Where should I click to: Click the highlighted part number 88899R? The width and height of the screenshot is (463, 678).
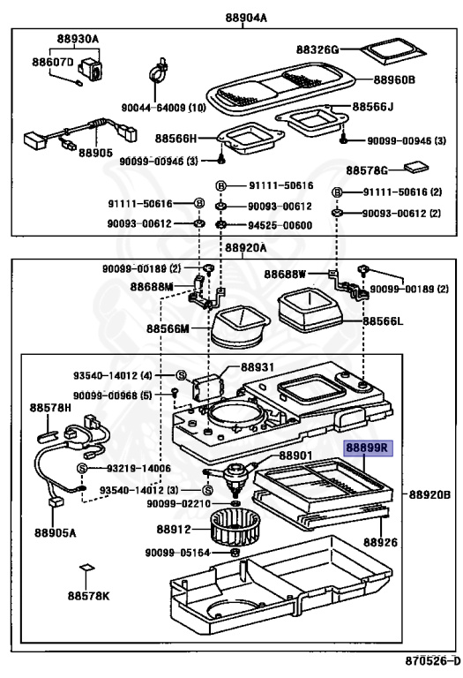(x=365, y=450)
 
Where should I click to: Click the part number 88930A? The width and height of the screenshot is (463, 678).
(x=78, y=40)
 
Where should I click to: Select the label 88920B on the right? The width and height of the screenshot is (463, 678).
(x=430, y=494)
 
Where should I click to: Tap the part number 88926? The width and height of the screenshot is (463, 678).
(x=382, y=539)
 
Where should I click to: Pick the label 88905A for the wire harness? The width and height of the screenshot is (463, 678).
(x=56, y=533)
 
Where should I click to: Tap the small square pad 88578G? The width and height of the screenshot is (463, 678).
(x=414, y=167)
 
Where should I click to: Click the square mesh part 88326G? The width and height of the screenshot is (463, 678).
(x=387, y=50)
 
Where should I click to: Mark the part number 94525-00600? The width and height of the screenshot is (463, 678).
(x=280, y=225)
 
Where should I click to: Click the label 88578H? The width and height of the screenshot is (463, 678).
(x=49, y=408)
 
